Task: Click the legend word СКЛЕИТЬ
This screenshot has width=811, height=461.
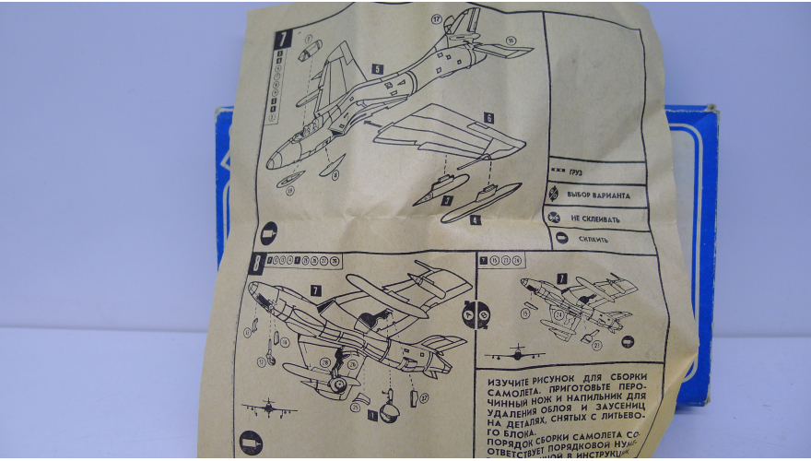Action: pos(594,239)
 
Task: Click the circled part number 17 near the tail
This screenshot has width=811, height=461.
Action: pos(436,18)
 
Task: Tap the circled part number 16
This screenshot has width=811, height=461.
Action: pos(510,39)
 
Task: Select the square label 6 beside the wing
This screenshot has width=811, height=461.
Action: pos(488,118)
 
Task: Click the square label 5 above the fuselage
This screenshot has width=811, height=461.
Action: pos(378,68)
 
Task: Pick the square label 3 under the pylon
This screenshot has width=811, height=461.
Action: pos(446,199)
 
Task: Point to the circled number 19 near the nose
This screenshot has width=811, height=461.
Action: pos(290,191)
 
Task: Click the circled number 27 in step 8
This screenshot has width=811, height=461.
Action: pos(424,397)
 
